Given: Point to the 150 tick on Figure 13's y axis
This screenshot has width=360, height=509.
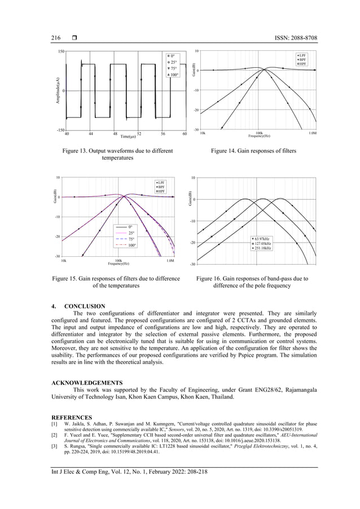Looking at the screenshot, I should [x=60, y=52].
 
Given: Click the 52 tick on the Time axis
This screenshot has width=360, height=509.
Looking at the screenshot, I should [x=139, y=133].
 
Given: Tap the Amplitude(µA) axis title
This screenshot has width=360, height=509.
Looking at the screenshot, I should [x=58, y=91].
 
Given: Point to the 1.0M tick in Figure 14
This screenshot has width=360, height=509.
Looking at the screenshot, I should [x=312, y=134].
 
